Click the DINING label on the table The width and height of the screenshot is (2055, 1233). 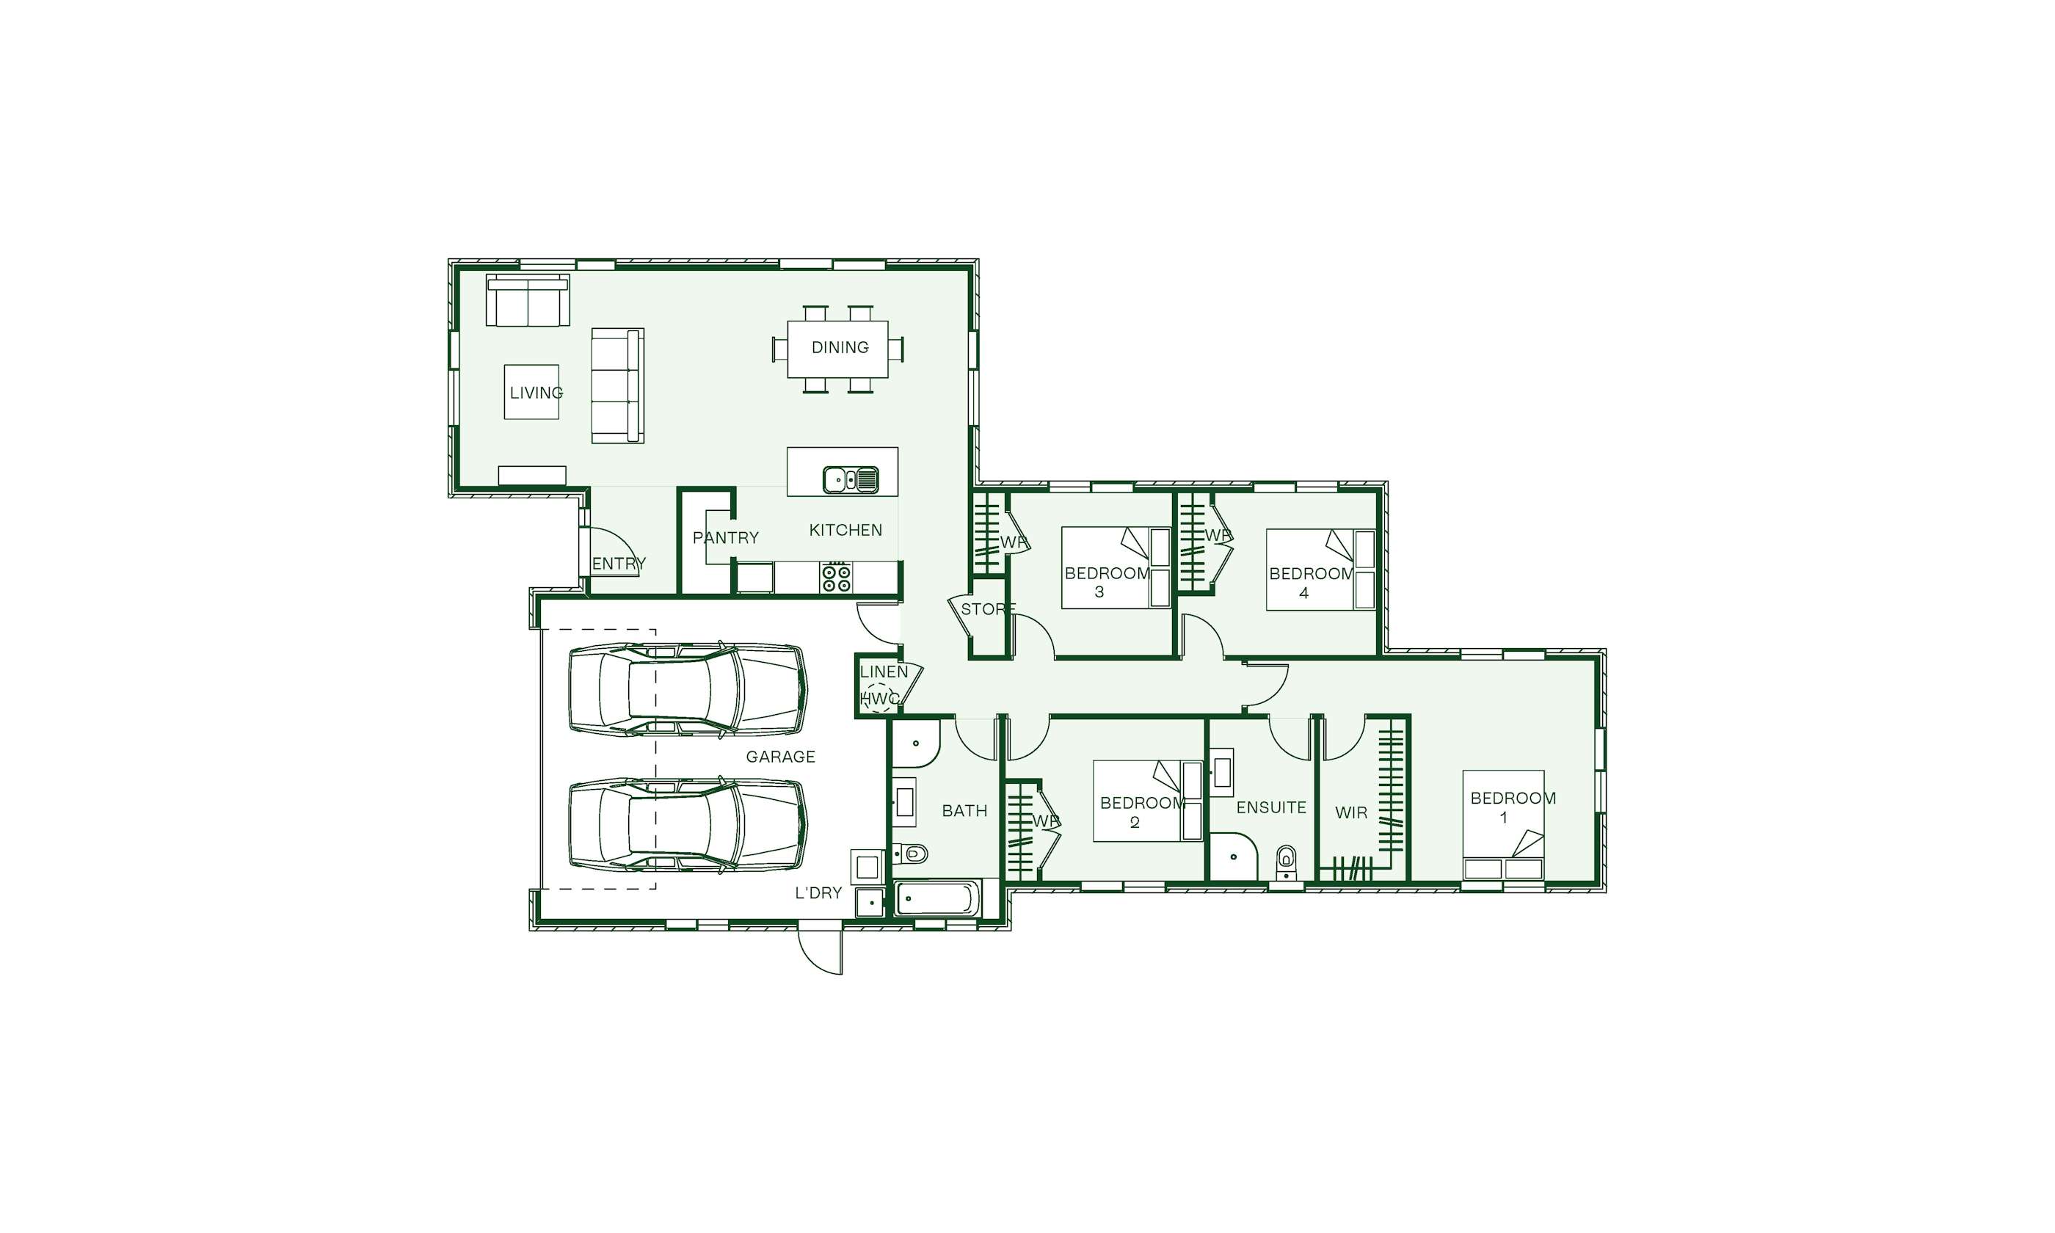pos(840,347)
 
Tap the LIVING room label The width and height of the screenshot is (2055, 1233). pos(537,392)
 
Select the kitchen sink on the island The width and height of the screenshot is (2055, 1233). pos(850,479)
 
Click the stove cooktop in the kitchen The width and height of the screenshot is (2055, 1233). pos(836,578)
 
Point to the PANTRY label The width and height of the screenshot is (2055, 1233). pos(726,537)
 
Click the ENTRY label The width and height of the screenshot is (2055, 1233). pos(619,564)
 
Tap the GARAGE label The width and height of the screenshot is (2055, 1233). pos(780,757)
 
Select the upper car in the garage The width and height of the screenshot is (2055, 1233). pos(687,688)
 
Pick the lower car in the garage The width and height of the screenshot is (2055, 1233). pos(687,826)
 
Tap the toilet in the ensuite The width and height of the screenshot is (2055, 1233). pos(1286,862)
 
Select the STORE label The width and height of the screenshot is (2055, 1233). pos(989,609)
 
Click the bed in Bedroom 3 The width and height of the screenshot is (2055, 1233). pos(1116,567)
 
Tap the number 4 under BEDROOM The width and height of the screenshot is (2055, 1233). pos(1303,593)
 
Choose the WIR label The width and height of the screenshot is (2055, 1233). pos(1350,812)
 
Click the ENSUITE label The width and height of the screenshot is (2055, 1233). pos(1271,807)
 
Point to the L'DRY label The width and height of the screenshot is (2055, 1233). pos(818,893)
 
